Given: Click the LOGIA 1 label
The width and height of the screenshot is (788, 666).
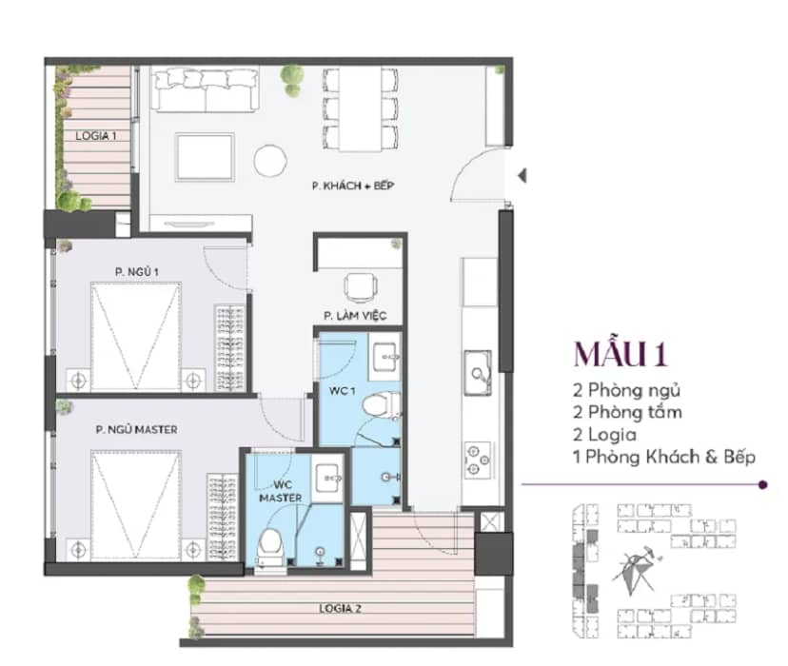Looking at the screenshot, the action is [x=96, y=136].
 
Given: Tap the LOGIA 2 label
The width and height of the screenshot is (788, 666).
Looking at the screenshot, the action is [x=340, y=608].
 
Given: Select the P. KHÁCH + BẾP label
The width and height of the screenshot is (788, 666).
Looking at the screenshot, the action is [x=353, y=186].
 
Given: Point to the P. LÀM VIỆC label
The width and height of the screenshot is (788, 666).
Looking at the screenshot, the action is [x=355, y=316].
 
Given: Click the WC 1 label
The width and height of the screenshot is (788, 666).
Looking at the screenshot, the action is [x=343, y=391].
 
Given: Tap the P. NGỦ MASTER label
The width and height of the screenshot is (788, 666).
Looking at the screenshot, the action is [x=137, y=430].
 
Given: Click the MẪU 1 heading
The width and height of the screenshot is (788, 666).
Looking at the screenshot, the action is [x=621, y=354].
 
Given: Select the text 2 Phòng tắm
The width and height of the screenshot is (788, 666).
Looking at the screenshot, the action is [x=628, y=412].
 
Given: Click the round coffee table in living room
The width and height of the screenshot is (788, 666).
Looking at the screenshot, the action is [x=270, y=161].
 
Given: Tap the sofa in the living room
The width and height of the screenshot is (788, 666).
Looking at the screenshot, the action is [x=206, y=90].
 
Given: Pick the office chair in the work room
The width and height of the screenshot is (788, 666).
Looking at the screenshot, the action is [x=361, y=287].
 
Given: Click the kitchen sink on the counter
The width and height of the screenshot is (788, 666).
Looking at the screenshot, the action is [x=478, y=373].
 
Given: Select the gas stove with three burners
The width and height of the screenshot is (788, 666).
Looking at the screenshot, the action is [x=478, y=459].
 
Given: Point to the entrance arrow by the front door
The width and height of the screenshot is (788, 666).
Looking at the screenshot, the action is [x=522, y=176].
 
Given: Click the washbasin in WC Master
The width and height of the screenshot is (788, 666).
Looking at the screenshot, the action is [x=328, y=478].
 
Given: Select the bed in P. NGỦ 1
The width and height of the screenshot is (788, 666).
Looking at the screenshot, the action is [x=136, y=337].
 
